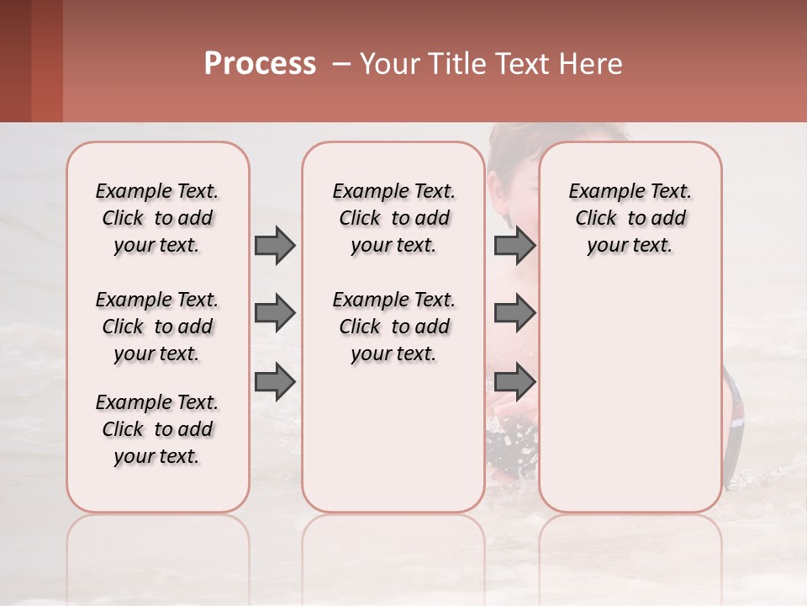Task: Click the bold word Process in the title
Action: point(260,64)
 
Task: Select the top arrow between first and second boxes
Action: point(275,246)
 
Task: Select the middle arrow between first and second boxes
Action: point(275,313)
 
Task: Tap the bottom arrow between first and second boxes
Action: point(275,381)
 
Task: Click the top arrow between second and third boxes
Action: point(514,246)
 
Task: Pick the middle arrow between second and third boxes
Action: point(514,313)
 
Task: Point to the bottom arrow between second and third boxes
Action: point(514,381)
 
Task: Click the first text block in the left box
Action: point(157,218)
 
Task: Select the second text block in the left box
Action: point(157,327)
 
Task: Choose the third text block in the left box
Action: point(157,429)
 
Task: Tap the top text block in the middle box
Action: point(393,218)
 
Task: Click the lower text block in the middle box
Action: point(393,327)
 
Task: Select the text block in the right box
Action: point(630,218)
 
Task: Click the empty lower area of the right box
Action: point(630,404)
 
